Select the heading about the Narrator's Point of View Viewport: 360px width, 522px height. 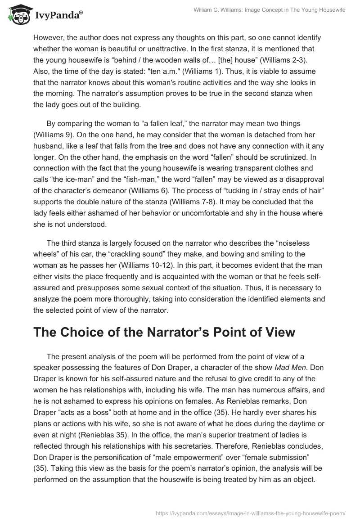(164, 332)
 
